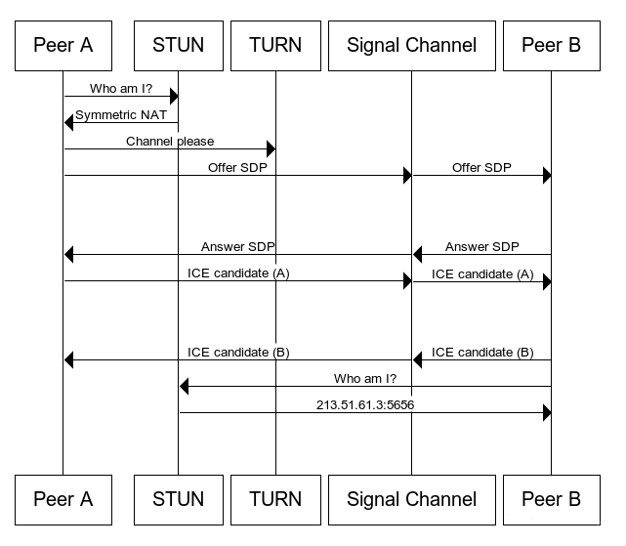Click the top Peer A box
click(63, 44)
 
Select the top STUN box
click(178, 44)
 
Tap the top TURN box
click(275, 44)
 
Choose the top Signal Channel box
click(411, 44)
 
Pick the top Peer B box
click(551, 44)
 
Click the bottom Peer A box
click(63, 499)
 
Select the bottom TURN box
click(275, 499)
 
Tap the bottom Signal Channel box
click(411, 499)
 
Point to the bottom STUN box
click(178, 499)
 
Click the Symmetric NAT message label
click(121, 115)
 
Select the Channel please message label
click(170, 142)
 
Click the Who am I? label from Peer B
click(365, 378)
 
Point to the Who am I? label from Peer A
click(121, 89)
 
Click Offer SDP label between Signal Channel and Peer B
click(481, 168)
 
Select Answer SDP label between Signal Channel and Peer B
click(481, 247)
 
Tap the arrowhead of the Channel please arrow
click(271, 148)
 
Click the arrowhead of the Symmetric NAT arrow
click(68, 122)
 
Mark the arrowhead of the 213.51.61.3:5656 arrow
click(547, 412)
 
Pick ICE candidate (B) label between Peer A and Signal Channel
click(238, 352)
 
